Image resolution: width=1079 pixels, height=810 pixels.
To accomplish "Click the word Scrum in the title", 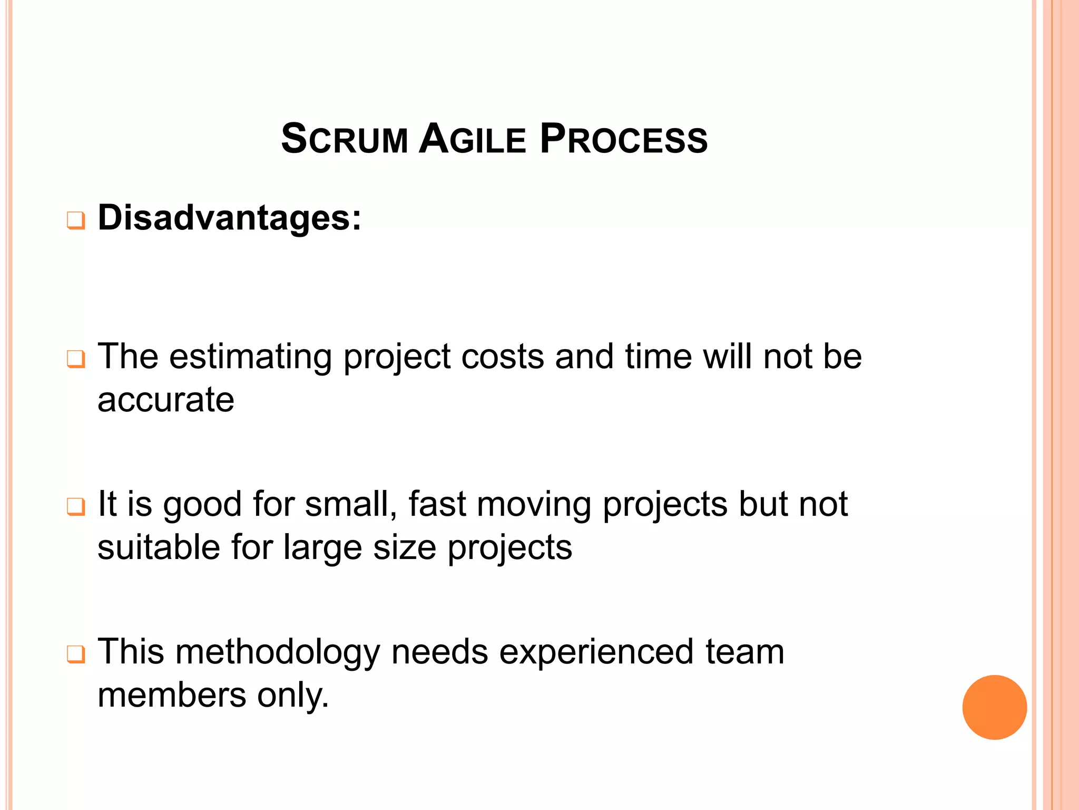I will pos(345,139).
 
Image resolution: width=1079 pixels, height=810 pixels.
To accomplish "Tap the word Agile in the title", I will pos(473,139).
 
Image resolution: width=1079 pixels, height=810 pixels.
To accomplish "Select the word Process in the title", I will pos(623,139).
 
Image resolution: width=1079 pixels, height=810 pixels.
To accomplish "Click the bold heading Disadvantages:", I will pos(230,217).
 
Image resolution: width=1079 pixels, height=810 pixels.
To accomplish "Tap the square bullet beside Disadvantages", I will pos(76,220).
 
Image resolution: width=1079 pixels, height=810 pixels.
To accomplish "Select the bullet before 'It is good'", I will pos(76,507).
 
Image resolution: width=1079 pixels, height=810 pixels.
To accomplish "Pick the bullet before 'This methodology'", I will pos(76,654).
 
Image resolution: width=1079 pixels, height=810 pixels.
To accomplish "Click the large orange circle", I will pos(994,707).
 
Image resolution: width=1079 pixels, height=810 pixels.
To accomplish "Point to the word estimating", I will pos(250,357).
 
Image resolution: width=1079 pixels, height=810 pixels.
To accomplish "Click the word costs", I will pos(502,357).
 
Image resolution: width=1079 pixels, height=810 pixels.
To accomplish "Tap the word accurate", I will pos(166,400).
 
